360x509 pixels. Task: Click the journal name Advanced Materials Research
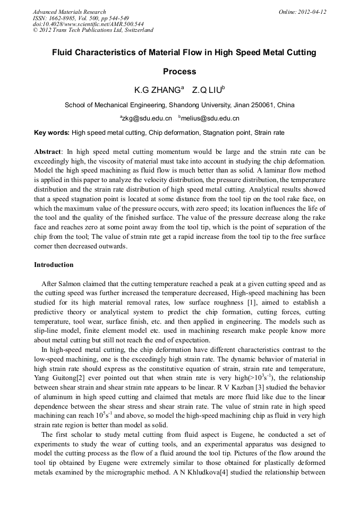(x=69, y=12)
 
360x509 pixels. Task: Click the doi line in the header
(x=80, y=24)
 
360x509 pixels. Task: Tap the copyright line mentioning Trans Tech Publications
(x=93, y=30)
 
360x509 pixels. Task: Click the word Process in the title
(x=179, y=71)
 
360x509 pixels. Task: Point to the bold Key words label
(x=52, y=133)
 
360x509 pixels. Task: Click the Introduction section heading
(x=54, y=265)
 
